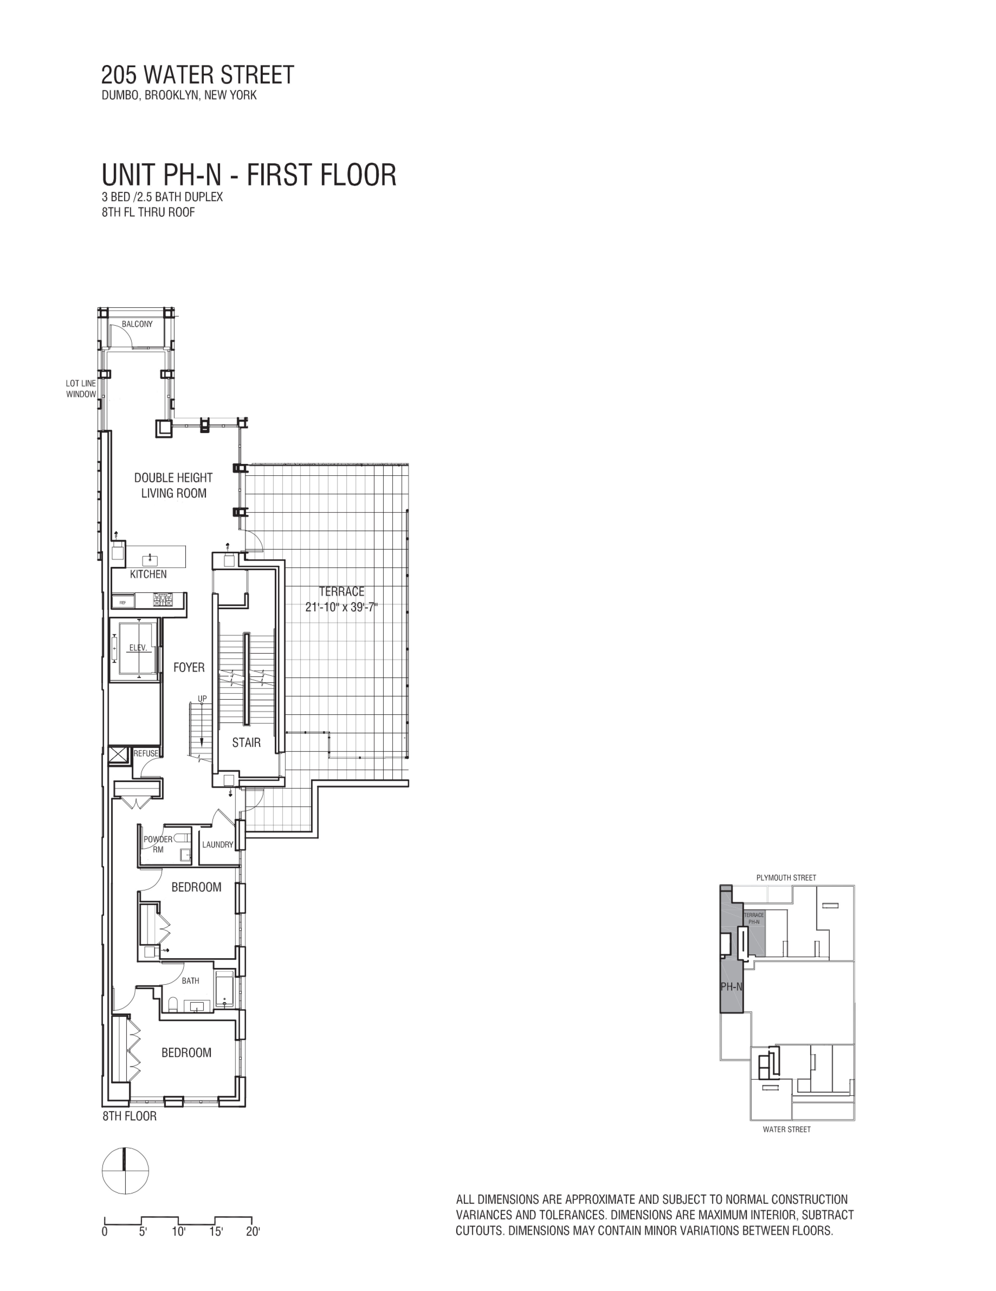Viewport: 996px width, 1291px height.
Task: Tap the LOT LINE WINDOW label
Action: coord(81,389)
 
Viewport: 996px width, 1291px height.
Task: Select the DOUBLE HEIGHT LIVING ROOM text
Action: coord(173,485)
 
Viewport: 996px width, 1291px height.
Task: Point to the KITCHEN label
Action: coord(148,574)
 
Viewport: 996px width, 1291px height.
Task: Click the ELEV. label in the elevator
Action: coord(138,648)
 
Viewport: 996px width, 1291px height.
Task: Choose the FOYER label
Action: coord(189,667)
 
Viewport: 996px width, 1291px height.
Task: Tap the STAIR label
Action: coord(246,743)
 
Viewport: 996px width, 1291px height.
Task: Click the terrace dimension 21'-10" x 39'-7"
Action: coord(341,607)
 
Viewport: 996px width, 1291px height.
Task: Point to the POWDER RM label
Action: coord(158,844)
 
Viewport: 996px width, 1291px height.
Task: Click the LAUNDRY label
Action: coord(217,845)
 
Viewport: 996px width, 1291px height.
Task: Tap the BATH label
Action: coord(190,981)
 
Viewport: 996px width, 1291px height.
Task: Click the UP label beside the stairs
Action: coord(202,699)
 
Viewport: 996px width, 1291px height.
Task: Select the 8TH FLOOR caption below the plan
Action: coord(130,1116)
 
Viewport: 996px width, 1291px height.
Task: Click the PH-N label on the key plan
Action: coord(731,987)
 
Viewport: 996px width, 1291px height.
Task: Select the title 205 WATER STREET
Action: coord(197,75)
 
